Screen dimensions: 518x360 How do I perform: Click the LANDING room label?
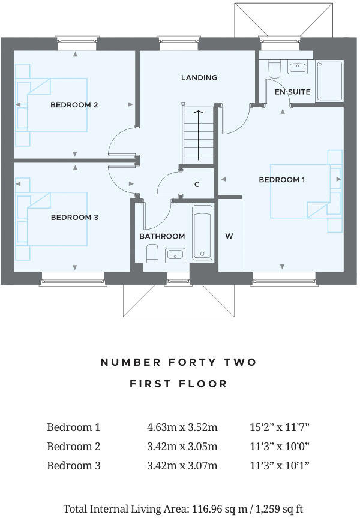[x=199, y=77]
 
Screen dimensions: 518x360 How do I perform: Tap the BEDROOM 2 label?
[x=74, y=105]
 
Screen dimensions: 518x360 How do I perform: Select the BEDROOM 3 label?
[x=74, y=218]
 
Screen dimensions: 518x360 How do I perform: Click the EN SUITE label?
[x=292, y=92]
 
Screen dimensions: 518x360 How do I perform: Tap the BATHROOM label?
[x=162, y=236]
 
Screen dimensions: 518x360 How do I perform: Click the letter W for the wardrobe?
[x=229, y=236]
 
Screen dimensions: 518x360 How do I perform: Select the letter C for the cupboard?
[x=197, y=185]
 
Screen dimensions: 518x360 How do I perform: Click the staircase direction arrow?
[x=198, y=135]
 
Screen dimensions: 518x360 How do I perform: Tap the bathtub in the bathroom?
[x=202, y=233]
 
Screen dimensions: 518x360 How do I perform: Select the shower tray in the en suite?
[x=329, y=80]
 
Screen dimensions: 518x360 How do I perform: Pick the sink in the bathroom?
[x=175, y=254]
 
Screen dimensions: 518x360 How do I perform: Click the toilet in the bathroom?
[x=152, y=253]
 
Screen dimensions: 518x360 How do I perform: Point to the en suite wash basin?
[x=297, y=67]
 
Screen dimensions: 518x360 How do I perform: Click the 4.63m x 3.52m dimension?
[x=182, y=427]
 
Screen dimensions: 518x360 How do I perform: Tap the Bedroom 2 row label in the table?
[x=73, y=447]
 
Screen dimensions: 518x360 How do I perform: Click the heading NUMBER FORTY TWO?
[x=178, y=362]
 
